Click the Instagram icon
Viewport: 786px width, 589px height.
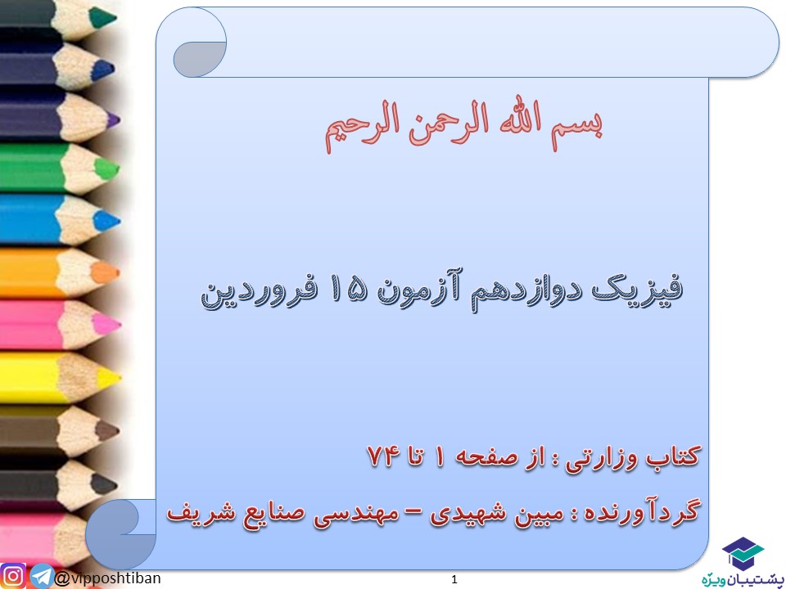tap(14, 576)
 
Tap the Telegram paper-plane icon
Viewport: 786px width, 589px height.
tap(42, 577)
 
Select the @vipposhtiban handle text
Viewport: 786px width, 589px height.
tap(108, 578)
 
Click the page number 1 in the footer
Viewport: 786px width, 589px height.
tap(454, 580)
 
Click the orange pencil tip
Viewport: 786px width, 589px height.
tap(106, 272)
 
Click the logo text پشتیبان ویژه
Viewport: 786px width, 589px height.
tap(743, 579)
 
